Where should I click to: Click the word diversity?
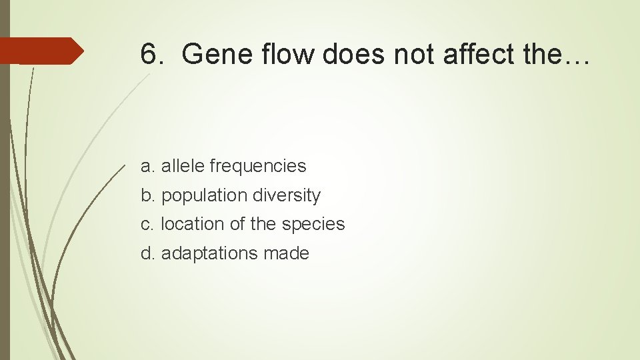[287, 195]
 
